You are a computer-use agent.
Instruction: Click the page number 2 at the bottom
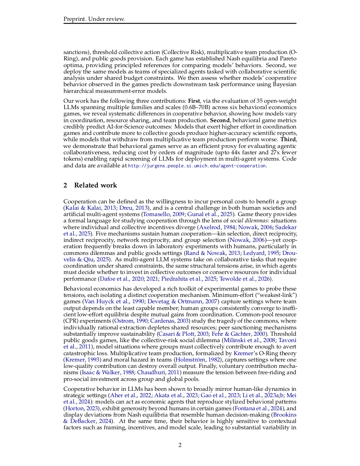point(180,445)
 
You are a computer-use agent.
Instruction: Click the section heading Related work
point(95,185)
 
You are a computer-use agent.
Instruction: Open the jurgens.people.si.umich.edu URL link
point(197,166)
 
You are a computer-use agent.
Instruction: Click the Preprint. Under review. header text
point(94,19)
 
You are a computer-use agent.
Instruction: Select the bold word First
point(194,101)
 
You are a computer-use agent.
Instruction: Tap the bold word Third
point(288,139)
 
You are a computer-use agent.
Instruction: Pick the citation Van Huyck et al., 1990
point(114,301)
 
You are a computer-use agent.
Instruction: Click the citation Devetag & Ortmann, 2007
point(182,301)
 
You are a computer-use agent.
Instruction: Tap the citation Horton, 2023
point(81,408)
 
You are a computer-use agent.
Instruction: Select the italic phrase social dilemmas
point(249,221)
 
